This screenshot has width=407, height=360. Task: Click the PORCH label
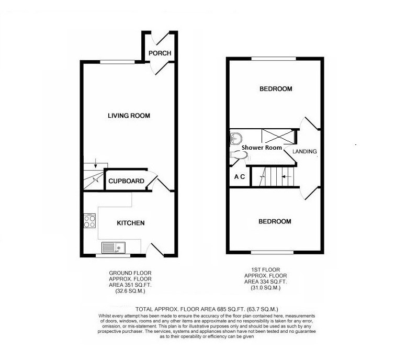click(160, 53)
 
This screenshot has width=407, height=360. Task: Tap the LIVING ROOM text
click(129, 116)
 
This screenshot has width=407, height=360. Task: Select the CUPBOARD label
click(126, 182)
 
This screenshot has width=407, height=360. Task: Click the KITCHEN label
click(130, 223)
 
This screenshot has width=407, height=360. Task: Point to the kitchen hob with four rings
click(89, 220)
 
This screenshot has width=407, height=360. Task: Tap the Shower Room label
click(262, 148)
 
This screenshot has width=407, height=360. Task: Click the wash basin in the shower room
click(236, 138)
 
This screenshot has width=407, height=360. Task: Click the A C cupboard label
click(240, 177)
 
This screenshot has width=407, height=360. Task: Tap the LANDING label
click(304, 152)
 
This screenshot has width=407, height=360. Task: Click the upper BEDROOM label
click(276, 89)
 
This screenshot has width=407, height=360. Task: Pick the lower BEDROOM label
click(275, 222)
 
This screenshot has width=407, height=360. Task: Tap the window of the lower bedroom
click(271, 253)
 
